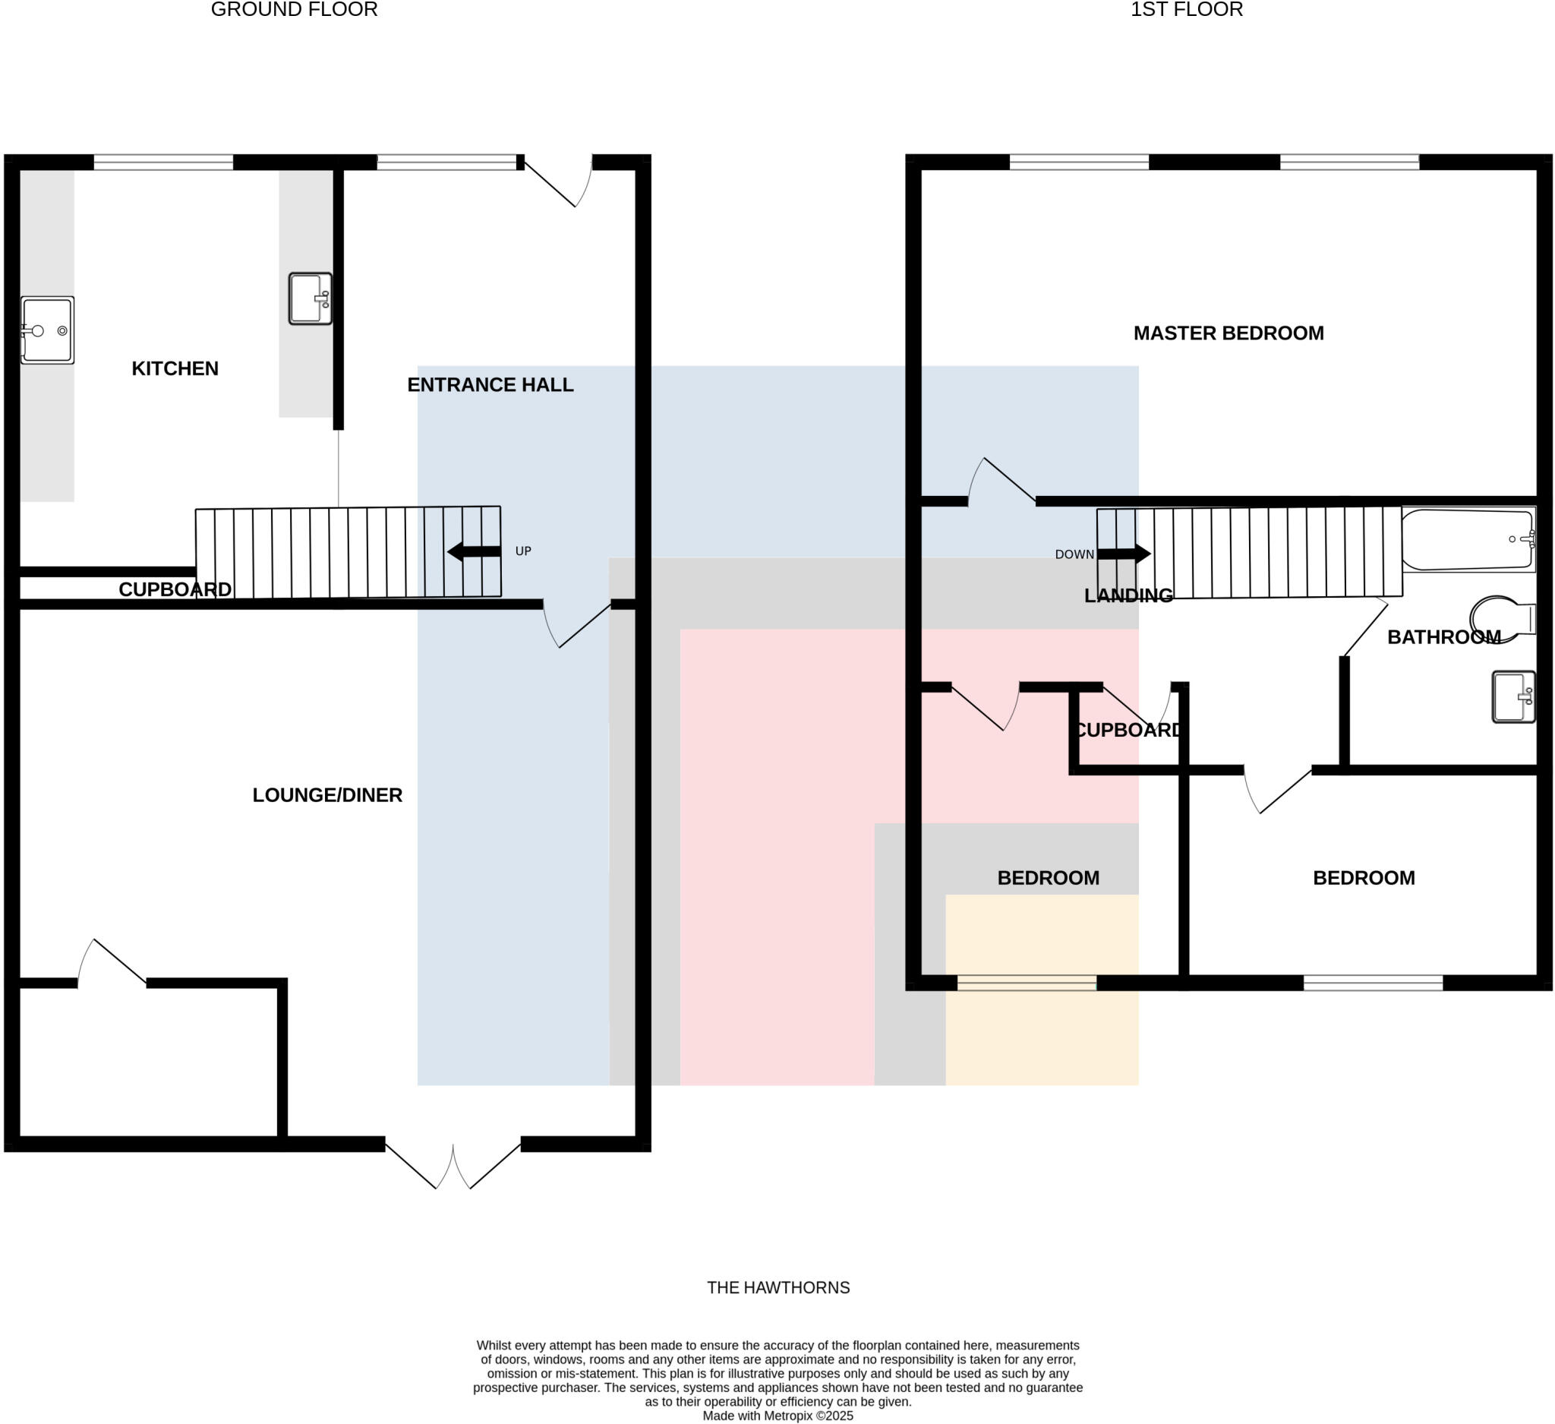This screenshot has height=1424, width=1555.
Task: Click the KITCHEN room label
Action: click(175, 369)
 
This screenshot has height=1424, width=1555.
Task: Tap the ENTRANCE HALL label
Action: click(490, 385)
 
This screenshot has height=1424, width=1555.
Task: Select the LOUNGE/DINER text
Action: click(327, 795)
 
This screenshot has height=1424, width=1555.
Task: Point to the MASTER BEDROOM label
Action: click(1228, 333)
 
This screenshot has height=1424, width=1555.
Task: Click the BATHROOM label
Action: click(1443, 637)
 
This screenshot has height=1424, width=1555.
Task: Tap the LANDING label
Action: click(1128, 595)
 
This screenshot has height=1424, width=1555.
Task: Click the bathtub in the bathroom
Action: click(1467, 539)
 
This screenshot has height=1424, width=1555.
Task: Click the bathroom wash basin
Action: click(1512, 696)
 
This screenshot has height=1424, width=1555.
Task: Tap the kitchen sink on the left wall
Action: click(47, 330)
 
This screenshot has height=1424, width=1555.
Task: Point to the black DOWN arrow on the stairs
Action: click(1124, 554)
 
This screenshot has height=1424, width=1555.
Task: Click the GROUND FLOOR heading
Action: click(294, 10)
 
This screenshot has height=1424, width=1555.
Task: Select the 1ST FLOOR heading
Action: click(1186, 10)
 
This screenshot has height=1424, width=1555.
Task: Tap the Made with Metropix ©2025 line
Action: click(777, 1416)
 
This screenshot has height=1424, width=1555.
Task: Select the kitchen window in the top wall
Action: click(162, 162)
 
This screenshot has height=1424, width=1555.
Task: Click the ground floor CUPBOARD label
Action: click(175, 589)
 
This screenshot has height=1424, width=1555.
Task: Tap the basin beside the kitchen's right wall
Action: click(310, 298)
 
